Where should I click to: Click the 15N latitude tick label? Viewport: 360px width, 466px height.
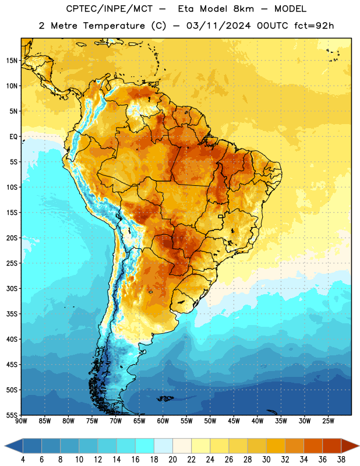coord(12,61)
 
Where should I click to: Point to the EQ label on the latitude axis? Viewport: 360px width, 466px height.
coord(13,137)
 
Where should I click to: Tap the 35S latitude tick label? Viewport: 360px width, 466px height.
coord(12,314)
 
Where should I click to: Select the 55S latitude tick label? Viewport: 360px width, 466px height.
coord(12,415)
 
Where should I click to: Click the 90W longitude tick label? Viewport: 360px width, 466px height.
coord(21,421)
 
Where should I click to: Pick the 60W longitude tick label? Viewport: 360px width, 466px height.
coord(163,421)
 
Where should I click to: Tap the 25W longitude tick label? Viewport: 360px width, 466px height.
coord(328,421)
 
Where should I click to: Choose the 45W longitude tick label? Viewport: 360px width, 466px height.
coord(234,421)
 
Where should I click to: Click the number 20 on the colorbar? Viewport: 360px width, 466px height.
coord(172,460)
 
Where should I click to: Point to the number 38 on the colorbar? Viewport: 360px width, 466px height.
coord(341,460)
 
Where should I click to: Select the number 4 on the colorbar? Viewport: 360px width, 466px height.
coord(23,460)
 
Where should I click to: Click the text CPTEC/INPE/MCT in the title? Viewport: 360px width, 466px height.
coord(109,9)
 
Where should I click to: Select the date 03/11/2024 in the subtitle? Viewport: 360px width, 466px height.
coord(218,26)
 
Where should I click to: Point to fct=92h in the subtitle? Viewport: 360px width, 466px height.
coord(314,26)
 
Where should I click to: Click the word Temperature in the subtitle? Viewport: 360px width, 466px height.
coord(114,26)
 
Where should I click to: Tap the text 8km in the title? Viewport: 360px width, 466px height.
coord(243,9)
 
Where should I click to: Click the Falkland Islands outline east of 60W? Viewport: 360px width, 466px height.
coord(165,398)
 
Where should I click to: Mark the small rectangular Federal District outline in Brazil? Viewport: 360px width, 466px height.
coord(221,216)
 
